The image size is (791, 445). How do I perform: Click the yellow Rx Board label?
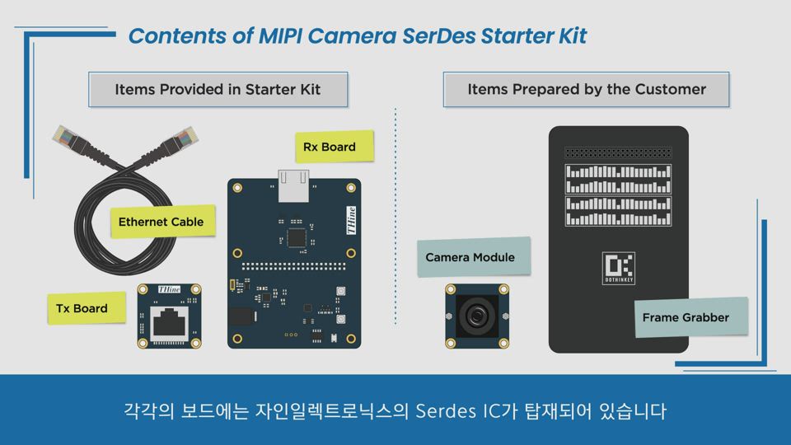335,147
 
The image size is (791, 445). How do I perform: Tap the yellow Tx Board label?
87,307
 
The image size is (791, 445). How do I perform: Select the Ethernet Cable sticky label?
163,221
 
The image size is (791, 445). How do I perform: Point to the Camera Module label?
474,257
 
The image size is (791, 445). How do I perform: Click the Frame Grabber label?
690,316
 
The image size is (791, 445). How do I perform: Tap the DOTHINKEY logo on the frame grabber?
619,268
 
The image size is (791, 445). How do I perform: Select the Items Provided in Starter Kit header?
218,89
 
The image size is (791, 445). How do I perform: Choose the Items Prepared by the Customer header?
586,89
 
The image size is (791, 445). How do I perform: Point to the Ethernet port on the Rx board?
293,185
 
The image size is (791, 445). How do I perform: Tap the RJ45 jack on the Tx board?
170,323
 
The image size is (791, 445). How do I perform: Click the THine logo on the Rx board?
351,221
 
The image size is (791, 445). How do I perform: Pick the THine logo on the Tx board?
169,289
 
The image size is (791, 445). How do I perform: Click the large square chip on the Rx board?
296,237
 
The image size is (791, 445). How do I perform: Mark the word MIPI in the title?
280,35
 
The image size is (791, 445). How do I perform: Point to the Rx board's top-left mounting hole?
237,188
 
